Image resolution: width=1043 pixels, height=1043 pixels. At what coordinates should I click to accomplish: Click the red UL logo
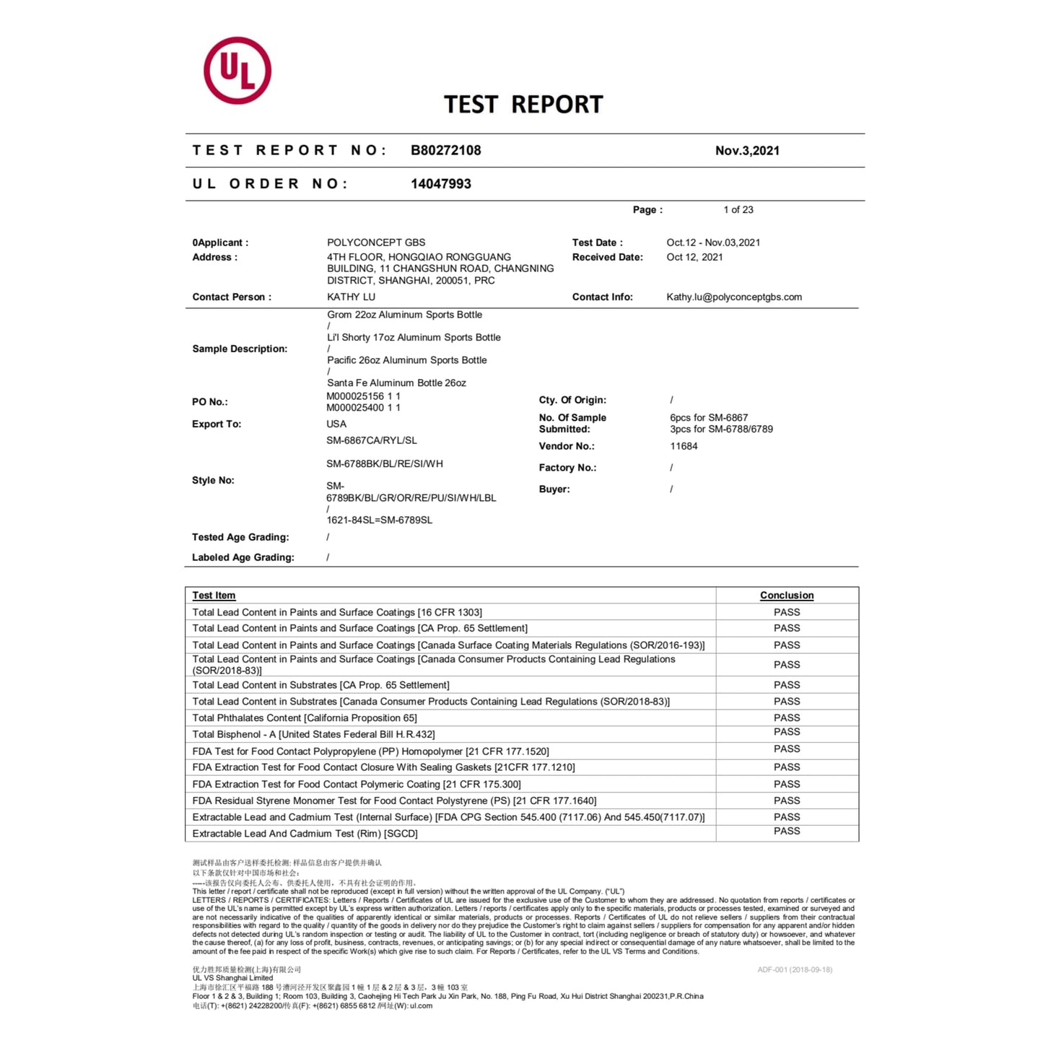pos(237,71)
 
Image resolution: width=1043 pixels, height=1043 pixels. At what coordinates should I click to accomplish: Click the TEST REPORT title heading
pos(523,105)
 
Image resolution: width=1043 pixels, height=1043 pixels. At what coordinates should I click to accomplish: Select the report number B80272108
pos(445,150)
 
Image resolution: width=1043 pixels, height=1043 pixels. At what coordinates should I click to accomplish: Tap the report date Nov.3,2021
pos(747,150)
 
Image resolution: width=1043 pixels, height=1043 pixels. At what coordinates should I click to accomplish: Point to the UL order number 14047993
pos(440,184)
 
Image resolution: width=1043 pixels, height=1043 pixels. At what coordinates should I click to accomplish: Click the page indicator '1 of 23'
pos(738,210)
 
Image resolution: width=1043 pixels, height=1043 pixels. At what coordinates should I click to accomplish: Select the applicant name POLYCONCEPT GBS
pos(376,243)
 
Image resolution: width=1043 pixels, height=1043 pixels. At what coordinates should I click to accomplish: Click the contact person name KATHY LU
pos(351,297)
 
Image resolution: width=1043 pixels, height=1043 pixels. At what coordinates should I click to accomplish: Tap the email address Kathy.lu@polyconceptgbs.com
pos(733,297)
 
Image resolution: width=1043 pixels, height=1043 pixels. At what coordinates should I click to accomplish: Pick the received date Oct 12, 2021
pos(694,257)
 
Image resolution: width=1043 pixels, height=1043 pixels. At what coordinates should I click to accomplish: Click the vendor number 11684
pos(684,446)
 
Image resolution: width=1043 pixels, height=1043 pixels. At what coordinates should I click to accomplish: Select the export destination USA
pos(336,424)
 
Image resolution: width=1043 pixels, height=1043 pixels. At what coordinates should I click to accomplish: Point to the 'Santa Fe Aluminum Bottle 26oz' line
pos(396,383)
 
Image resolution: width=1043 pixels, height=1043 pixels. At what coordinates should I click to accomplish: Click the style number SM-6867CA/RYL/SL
pos(371,440)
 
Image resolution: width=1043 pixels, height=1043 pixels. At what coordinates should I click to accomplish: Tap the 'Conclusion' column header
pos(786,595)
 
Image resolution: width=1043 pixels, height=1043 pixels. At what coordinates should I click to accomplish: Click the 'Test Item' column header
pos(214,595)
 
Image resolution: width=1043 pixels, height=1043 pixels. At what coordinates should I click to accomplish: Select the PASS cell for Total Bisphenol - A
pos(786,732)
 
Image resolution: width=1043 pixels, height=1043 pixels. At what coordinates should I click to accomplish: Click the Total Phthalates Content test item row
pos(305,717)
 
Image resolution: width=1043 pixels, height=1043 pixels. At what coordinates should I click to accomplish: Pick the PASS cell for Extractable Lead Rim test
pos(786,832)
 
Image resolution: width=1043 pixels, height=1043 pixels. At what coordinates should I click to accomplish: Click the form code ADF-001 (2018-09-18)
pos(794,969)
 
